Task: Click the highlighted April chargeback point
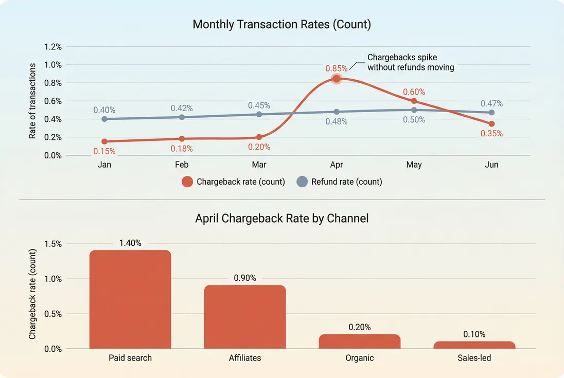click(337, 79)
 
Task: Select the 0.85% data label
click(336, 68)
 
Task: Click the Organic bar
click(359, 341)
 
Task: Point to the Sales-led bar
click(474, 345)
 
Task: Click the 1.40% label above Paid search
click(130, 243)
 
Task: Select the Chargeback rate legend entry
click(234, 182)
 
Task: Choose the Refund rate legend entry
click(340, 182)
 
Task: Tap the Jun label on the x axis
click(491, 165)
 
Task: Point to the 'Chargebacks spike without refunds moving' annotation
click(410, 62)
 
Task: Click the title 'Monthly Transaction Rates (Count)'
click(281, 24)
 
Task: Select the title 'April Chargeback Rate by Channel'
click(281, 218)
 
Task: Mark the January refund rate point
click(104, 119)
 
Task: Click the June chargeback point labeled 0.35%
click(491, 124)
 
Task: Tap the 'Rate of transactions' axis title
click(32, 101)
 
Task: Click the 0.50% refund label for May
click(414, 120)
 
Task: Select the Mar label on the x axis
click(259, 165)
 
